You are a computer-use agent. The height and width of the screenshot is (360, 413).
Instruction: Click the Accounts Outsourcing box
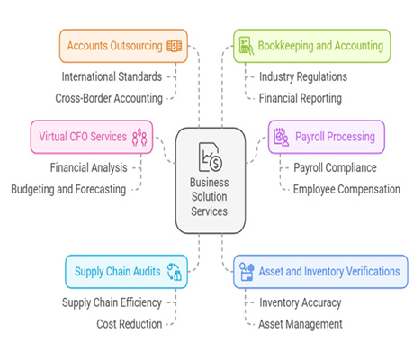click(x=123, y=46)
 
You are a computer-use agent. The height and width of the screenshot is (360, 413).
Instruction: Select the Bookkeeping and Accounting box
click(x=312, y=46)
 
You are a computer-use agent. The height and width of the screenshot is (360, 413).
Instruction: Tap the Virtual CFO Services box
click(x=92, y=137)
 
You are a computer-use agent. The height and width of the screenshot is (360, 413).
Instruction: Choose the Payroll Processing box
click(x=327, y=137)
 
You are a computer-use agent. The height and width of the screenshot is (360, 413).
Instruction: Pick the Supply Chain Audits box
click(x=127, y=272)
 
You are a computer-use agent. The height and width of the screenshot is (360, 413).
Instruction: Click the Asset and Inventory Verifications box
click(x=320, y=272)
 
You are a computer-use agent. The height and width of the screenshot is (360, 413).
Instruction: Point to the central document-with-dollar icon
click(x=211, y=157)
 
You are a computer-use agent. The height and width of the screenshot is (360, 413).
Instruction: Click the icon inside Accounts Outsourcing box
click(x=175, y=46)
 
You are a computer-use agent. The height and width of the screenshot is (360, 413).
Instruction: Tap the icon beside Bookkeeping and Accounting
click(x=247, y=46)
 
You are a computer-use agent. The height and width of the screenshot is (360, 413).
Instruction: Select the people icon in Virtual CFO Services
click(x=139, y=137)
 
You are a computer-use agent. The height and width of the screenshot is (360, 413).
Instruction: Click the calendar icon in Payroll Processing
click(x=282, y=137)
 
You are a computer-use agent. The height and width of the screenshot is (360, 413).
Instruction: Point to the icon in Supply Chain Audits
click(x=175, y=272)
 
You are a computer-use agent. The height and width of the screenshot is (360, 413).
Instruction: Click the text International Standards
click(x=112, y=76)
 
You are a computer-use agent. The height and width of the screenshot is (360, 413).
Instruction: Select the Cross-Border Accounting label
click(x=109, y=98)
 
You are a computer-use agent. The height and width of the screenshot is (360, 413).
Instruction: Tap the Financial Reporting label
click(x=301, y=98)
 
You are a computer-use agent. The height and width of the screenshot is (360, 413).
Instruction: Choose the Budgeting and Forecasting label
click(x=68, y=190)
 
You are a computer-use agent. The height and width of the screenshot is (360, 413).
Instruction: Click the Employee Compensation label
click(x=346, y=190)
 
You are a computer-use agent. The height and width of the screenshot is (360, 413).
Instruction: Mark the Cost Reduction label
click(x=130, y=324)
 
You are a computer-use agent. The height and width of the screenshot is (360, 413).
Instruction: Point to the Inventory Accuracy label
click(x=301, y=302)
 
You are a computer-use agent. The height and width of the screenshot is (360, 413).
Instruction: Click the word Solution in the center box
click(x=210, y=197)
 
